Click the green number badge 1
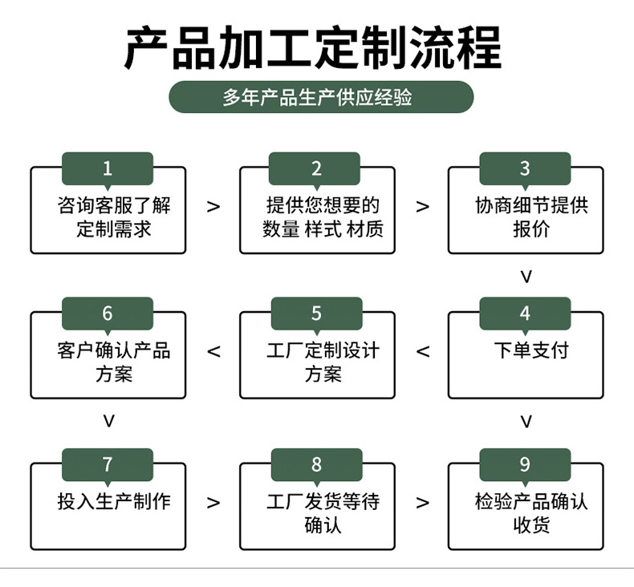coord(108,168)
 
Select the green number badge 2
coord(316,168)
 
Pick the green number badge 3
coord(525,168)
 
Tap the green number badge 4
coord(525,314)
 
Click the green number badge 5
coord(316,314)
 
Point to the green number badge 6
coord(108,314)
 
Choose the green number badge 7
coord(108,465)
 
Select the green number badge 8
coord(316,465)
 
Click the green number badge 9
coord(525,465)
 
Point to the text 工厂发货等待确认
coord(323,513)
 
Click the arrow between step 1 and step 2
coord(213,207)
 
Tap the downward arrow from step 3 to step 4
coord(526,277)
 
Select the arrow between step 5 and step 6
coord(213,351)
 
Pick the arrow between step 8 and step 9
coord(423,503)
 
